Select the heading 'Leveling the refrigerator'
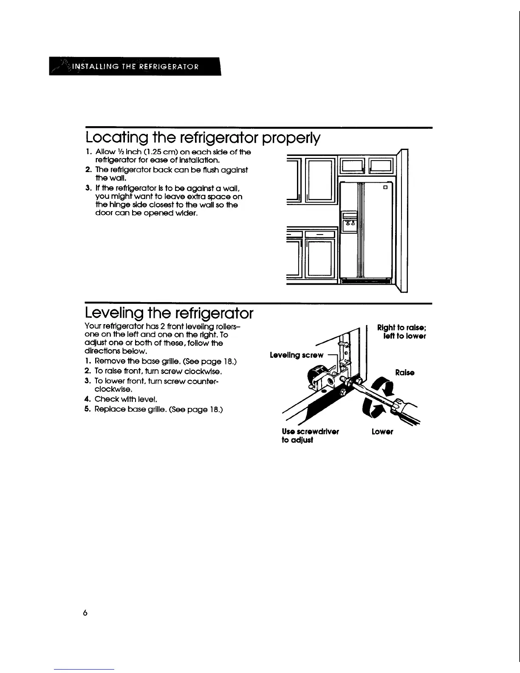tap(169, 314)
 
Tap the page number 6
tap(85, 613)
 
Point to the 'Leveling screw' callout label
tap(297, 355)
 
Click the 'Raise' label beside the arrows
tap(404, 373)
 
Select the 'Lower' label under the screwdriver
tap(382, 432)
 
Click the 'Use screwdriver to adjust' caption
tap(310, 435)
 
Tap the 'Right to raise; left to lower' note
tap(401, 332)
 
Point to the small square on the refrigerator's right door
tap(386, 187)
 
